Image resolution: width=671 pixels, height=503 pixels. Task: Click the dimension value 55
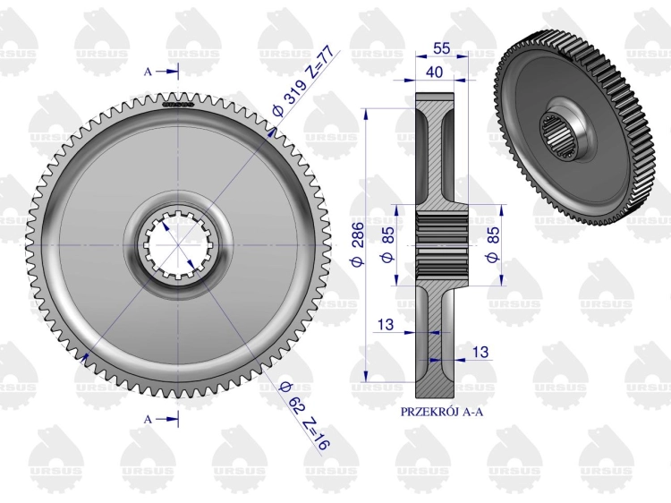coord(442,48)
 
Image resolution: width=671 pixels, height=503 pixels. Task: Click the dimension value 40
coord(434,72)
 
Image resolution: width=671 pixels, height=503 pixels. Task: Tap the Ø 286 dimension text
coord(358,244)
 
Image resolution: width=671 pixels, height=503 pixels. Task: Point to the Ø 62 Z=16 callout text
coord(304,415)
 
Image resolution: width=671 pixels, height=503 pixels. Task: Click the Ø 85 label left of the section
coord(387,244)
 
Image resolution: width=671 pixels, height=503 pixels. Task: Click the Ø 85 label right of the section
coord(493,244)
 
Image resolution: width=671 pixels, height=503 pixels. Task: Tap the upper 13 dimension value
coord(385,324)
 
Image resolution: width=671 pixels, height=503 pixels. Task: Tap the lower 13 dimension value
coord(480,352)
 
